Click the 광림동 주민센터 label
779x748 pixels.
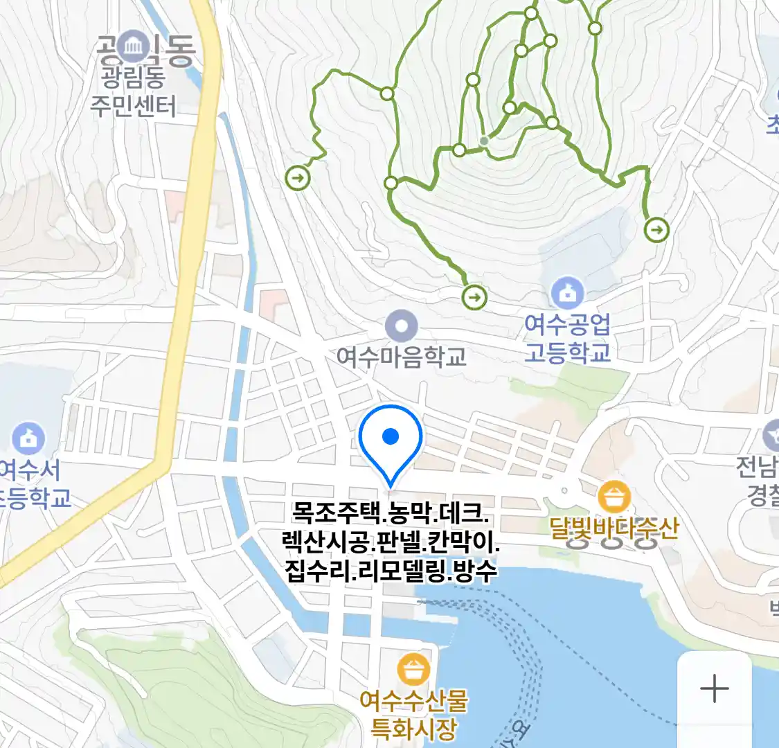coord(133,91)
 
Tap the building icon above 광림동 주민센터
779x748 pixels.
coord(133,46)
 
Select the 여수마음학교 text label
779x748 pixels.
coord(402,357)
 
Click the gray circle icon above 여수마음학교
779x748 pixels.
coord(402,325)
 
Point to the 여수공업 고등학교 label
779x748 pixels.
coord(567,339)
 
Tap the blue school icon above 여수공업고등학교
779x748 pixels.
coord(567,294)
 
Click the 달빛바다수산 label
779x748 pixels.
coord(614,529)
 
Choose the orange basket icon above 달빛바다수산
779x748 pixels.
coord(614,497)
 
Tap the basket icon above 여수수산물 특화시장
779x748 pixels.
coord(413,670)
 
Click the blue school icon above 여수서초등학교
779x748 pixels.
coord(28,438)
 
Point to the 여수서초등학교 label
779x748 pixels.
coord(31,484)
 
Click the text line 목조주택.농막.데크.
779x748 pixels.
coord(391,513)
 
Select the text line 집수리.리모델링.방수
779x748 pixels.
coord(391,571)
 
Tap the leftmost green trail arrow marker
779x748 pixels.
coord(298,178)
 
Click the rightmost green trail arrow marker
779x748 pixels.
coord(656,229)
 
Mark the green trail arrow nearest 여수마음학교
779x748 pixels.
coord(474,298)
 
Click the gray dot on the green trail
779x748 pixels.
coord(484,141)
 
